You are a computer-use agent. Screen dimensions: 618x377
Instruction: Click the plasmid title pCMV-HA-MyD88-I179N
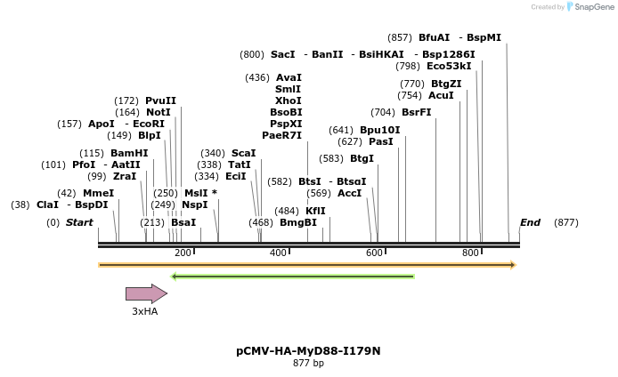pos(308,351)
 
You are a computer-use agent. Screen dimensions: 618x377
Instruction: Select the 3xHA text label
pos(144,311)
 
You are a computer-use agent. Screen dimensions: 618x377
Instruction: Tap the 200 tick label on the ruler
pos(183,253)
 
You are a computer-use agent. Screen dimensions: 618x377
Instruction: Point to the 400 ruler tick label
pos(278,253)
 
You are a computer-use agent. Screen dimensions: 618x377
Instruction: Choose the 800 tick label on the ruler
pos(470,253)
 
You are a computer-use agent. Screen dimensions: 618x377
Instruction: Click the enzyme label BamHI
pos(129,153)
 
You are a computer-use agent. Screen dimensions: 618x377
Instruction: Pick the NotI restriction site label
pos(158,112)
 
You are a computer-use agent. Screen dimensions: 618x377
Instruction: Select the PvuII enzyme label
pos(160,100)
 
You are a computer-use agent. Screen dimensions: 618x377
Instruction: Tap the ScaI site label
pos(243,153)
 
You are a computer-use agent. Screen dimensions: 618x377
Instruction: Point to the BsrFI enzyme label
pos(416,112)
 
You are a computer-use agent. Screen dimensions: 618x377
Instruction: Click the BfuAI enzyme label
pos(434,37)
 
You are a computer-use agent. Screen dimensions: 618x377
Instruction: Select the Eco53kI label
pos(449,66)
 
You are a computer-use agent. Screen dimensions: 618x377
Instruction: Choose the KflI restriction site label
pos(315,211)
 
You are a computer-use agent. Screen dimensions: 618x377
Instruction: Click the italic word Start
pos(79,222)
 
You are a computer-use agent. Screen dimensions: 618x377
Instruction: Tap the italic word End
pos(530,222)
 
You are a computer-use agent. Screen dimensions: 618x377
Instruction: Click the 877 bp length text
pos(308,363)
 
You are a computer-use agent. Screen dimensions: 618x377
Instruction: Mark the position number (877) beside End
pos(565,222)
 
